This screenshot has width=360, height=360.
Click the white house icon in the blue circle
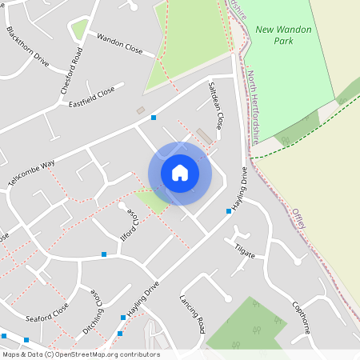click(x=180, y=172)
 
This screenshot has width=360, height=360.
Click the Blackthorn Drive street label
click(x=27, y=47)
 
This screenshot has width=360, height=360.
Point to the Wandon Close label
click(x=119, y=44)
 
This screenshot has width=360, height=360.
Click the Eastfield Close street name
click(x=92, y=97)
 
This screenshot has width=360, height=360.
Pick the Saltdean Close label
click(x=214, y=106)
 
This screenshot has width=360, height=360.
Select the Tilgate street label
click(x=245, y=252)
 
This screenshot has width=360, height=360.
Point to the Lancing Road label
click(x=192, y=314)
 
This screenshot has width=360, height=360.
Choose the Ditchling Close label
click(x=92, y=311)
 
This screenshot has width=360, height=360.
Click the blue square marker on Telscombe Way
click(x=154, y=118)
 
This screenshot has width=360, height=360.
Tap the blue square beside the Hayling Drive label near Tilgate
click(x=228, y=212)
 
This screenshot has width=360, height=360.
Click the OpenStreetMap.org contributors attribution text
click(x=108, y=354)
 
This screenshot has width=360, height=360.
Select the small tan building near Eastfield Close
click(x=141, y=110)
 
